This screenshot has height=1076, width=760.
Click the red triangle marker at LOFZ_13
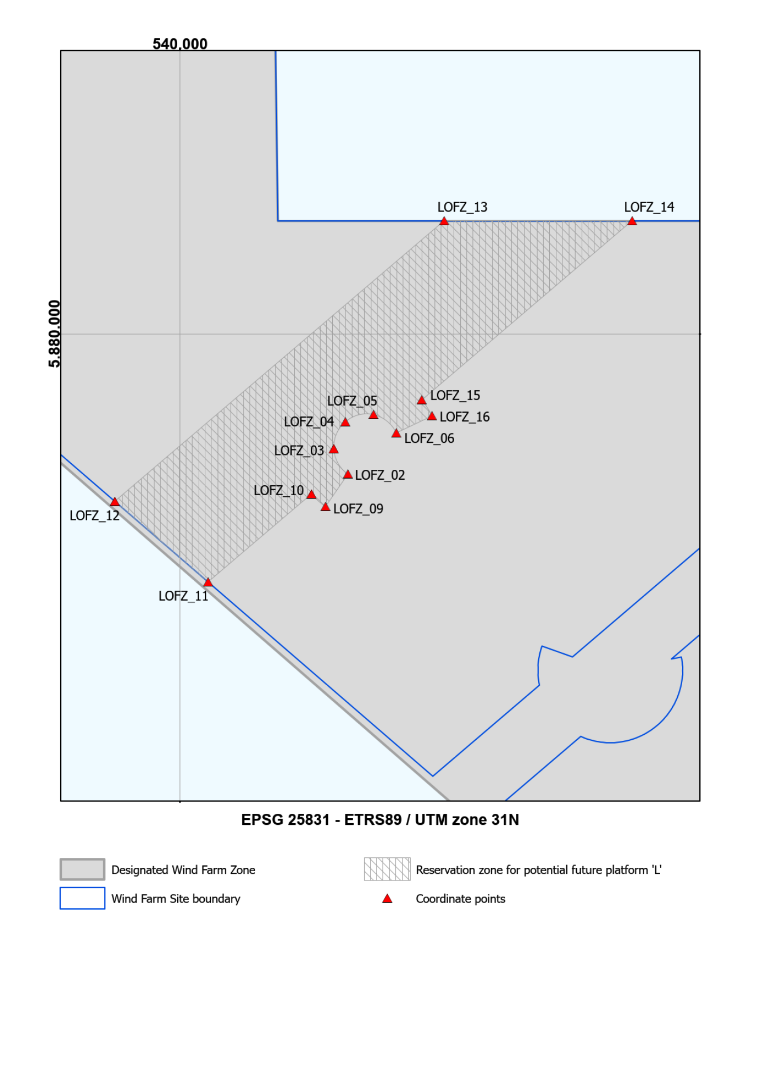(444, 221)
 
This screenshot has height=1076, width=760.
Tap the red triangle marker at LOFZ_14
(632, 221)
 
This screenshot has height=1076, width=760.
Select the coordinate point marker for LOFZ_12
(115, 502)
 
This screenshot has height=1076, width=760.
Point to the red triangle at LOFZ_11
(208, 582)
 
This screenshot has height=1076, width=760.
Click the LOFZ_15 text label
(455, 395)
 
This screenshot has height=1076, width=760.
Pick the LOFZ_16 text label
(464, 417)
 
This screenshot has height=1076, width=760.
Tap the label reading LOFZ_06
(429, 438)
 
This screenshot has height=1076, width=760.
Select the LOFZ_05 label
(352, 401)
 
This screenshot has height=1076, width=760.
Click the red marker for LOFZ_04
(345, 422)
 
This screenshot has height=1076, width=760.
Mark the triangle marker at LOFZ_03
(333, 449)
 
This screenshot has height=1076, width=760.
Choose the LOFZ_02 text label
(380, 475)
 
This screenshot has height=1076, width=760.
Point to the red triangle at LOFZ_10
(311, 494)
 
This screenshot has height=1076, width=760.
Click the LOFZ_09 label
(358, 508)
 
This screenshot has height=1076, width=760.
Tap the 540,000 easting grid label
(180, 44)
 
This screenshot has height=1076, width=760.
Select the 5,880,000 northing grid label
(54, 333)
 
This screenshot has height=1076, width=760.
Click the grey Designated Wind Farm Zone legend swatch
(82, 869)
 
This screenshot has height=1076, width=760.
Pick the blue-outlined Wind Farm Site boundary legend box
(82, 898)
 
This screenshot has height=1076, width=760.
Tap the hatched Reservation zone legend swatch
(387, 869)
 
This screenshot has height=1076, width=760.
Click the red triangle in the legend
(387, 899)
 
